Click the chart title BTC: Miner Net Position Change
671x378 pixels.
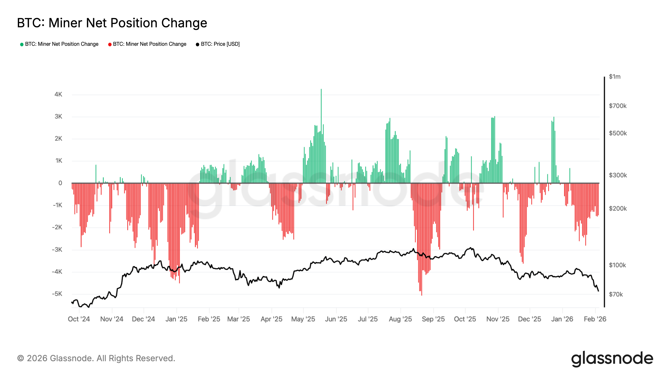point(112,23)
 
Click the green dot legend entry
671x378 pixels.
point(59,44)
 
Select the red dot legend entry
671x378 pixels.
point(147,44)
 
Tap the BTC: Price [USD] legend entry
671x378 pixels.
point(218,44)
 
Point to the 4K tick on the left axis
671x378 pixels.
point(58,94)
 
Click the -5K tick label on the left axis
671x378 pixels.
point(57,294)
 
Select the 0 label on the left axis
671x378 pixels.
point(60,183)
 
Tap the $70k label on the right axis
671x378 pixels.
point(616,294)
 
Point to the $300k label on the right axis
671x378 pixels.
point(618,175)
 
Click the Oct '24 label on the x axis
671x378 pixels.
point(79,319)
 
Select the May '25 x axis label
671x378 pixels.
point(303,319)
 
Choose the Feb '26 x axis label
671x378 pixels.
point(595,319)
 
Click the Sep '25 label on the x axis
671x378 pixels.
point(433,319)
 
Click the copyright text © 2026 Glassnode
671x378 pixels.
point(96,358)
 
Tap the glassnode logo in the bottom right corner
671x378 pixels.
point(612,359)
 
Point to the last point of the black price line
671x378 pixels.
point(598,291)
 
